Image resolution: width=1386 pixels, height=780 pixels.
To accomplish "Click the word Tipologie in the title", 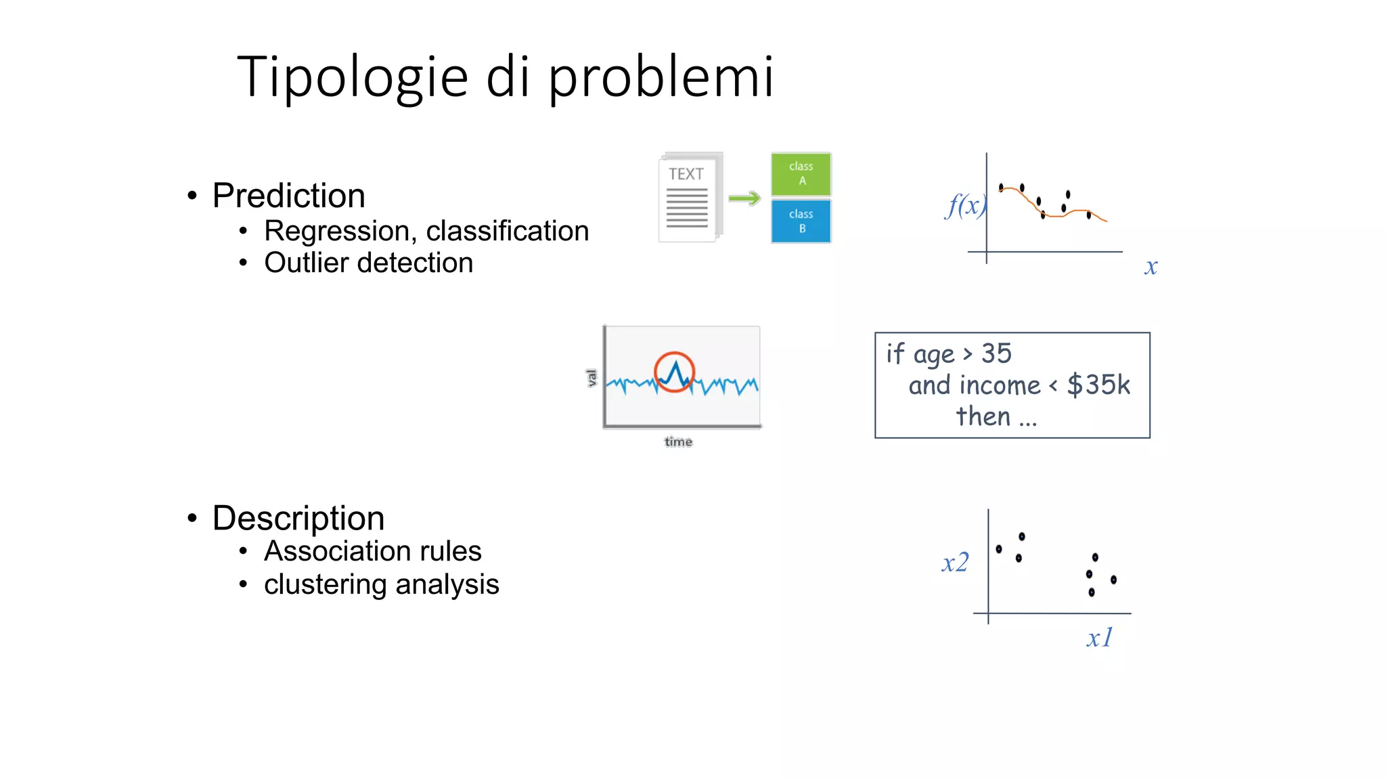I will tap(352, 77).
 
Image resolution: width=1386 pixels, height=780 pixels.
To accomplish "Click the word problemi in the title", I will tap(660, 77).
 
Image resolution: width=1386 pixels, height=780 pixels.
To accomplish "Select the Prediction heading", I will tap(288, 196).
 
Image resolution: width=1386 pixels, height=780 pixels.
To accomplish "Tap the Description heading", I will tap(298, 518).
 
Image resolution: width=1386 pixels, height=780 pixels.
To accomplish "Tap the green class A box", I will tap(801, 174).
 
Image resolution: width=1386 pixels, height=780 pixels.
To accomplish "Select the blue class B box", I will tap(801, 221).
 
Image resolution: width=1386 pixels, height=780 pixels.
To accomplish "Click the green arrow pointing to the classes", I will tap(744, 198).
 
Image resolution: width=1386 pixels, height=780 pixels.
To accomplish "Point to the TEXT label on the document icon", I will tap(686, 174).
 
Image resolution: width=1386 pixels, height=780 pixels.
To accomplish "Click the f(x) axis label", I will tap(964, 204).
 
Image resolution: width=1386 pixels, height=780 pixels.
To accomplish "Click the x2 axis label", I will tap(955, 563).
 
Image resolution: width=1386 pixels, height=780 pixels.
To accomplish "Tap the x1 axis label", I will tap(1099, 638).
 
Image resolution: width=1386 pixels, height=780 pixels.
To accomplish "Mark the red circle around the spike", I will tap(674, 372).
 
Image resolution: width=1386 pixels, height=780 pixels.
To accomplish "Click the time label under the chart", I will tap(678, 442).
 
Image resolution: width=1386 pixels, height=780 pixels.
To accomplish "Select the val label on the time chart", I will tap(591, 377).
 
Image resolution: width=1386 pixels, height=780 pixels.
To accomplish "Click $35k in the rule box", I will tap(1098, 385).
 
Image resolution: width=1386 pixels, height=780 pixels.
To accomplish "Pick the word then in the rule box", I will tap(983, 416).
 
